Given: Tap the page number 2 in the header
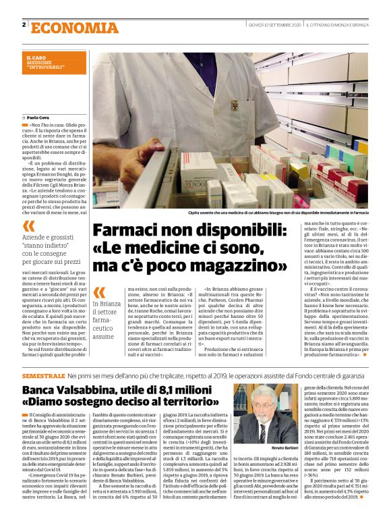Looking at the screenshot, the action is click(x=24, y=25).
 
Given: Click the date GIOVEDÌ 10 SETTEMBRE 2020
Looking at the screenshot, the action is click(x=274, y=25).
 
